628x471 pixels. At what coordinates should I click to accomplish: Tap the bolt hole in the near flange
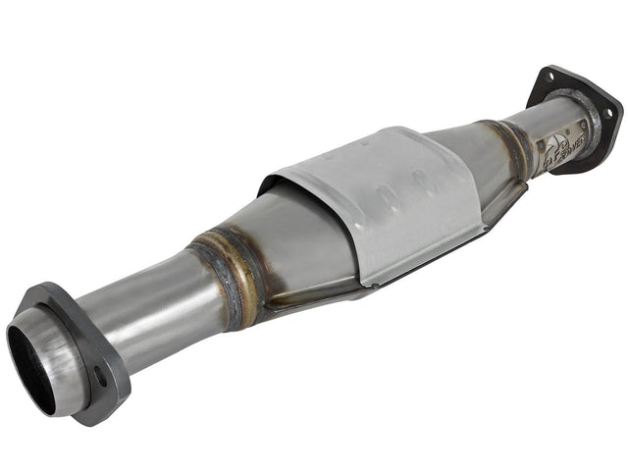[101, 376]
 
